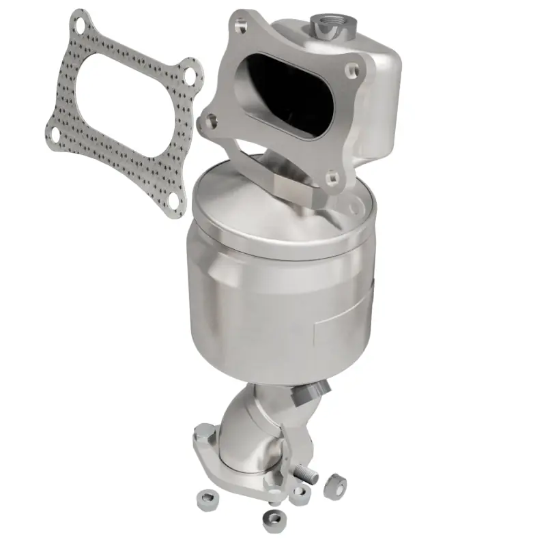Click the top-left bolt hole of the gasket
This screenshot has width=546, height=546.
(81, 27)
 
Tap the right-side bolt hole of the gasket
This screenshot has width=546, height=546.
(191, 71)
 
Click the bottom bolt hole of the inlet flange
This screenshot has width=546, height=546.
(332, 179)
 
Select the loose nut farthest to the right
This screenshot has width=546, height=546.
(334, 487)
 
